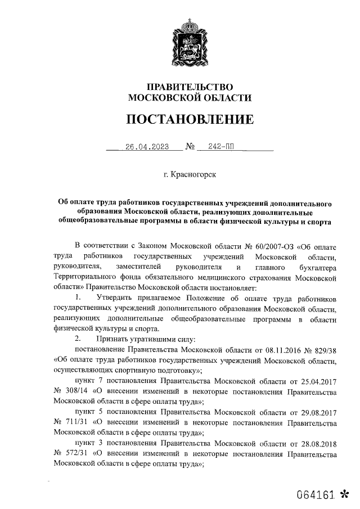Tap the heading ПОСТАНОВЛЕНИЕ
tap(189, 120)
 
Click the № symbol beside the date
tap(190, 149)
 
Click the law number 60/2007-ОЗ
tap(267, 246)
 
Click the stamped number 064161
tap(317, 496)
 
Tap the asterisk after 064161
tap(345, 495)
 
